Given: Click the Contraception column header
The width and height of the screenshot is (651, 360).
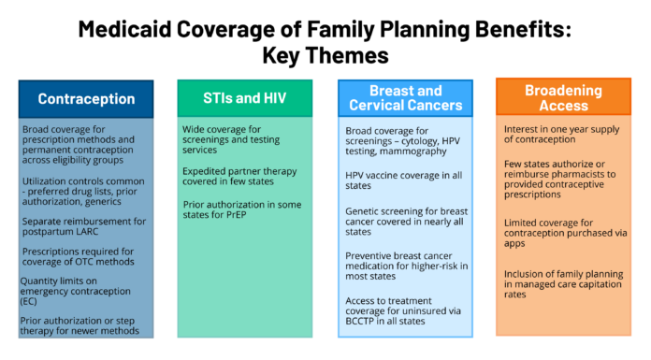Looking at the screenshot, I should (85, 98).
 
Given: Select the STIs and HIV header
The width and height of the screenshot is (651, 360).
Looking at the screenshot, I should (245, 98).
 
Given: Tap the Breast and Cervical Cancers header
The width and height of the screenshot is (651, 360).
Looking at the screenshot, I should (404, 98).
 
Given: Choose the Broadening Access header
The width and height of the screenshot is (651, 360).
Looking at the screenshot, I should (563, 97).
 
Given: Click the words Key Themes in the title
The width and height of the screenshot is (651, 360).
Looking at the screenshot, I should (325, 55).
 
